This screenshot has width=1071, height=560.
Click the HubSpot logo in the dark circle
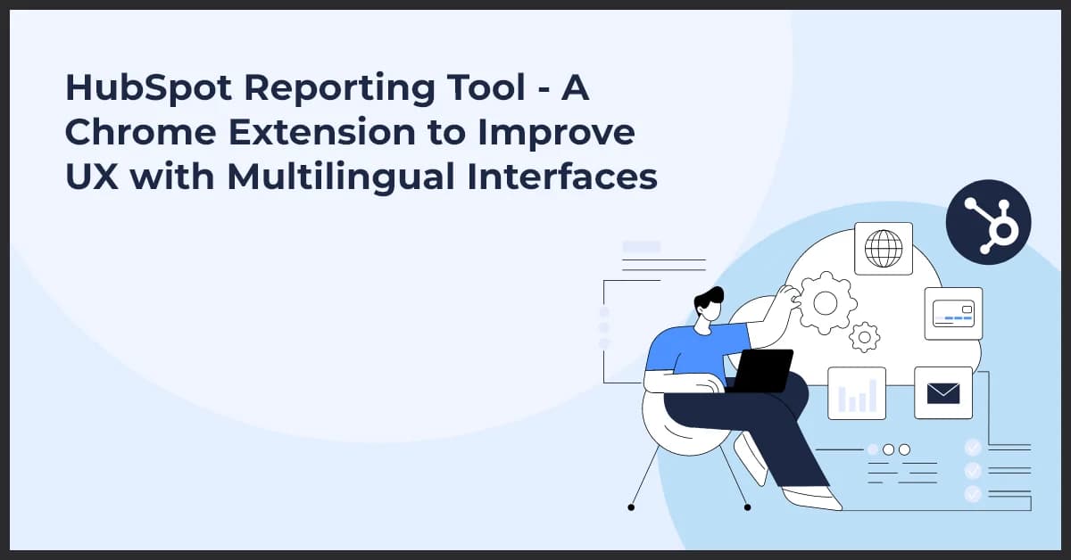(x=988, y=222)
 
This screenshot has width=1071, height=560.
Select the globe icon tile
(x=884, y=248)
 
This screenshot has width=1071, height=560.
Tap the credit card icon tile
(x=953, y=313)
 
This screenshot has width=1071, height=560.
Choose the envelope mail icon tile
(x=943, y=392)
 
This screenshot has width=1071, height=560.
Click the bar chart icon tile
(x=857, y=392)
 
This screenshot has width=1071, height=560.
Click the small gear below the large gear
(x=864, y=337)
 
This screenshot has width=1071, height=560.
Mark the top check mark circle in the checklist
(x=973, y=447)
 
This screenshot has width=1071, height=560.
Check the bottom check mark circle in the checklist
(x=973, y=493)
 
